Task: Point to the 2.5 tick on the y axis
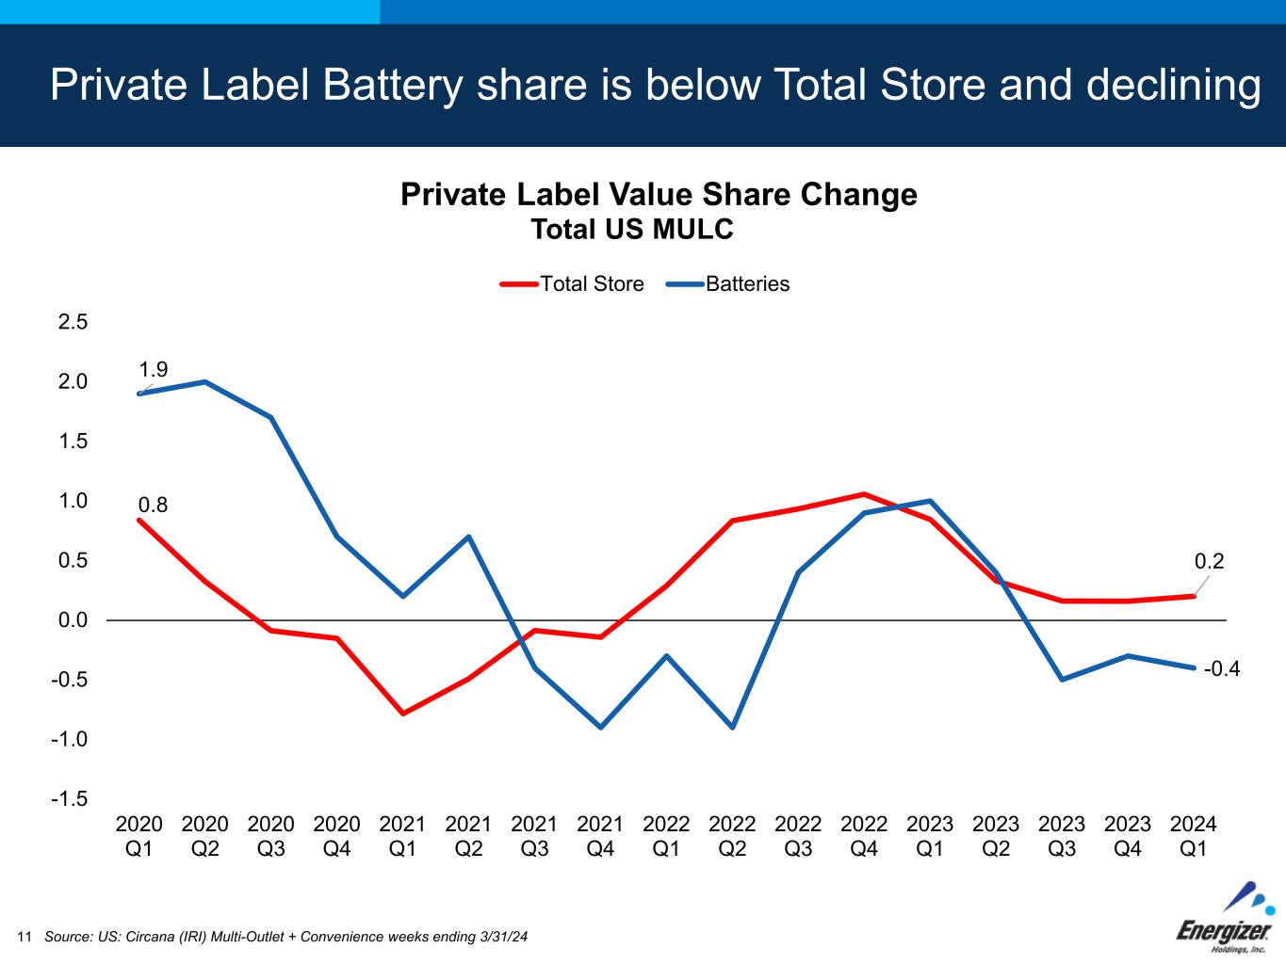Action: (x=73, y=322)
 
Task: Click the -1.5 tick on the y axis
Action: (x=70, y=799)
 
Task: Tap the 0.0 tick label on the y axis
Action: (x=73, y=620)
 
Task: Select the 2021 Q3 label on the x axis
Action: (x=534, y=836)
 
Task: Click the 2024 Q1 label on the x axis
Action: (x=1193, y=836)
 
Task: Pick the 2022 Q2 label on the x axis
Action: (x=732, y=836)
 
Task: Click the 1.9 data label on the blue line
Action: (x=153, y=369)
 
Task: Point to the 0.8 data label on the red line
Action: (x=153, y=506)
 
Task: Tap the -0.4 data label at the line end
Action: (x=1222, y=669)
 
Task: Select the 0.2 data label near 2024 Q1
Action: (x=1209, y=562)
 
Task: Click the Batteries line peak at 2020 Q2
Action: (x=204, y=381)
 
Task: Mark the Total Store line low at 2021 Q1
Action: (x=402, y=714)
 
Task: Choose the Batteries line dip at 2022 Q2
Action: (x=732, y=728)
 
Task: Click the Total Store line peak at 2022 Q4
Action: (x=864, y=494)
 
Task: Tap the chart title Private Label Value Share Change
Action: (x=659, y=195)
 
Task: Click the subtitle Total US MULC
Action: (x=631, y=230)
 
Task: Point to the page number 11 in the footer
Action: (x=24, y=937)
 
